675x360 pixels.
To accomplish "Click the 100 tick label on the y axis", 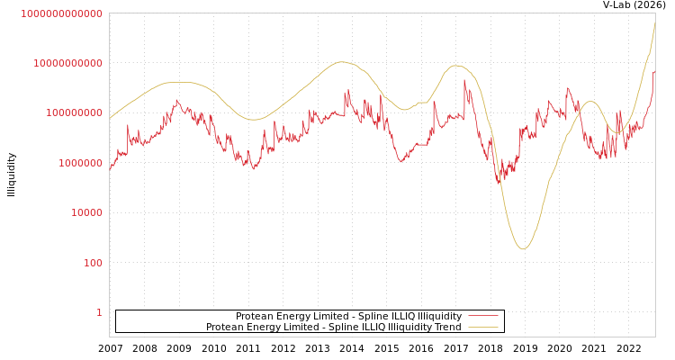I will point(93,263).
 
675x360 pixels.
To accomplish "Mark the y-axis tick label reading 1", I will point(99,312).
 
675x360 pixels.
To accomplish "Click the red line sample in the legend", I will point(483,317).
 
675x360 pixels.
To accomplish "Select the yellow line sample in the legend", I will point(483,328).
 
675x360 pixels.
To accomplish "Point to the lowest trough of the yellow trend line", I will point(523,248).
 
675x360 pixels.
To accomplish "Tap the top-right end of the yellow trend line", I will point(654,22).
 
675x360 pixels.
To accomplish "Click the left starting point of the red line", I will point(110,168).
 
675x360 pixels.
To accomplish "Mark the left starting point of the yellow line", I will point(110,119).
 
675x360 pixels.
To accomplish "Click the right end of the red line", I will point(654,73).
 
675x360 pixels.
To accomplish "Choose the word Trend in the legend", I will point(446,328).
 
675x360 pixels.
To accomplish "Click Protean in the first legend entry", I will point(256,317).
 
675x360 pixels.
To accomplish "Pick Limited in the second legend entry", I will point(302,328).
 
